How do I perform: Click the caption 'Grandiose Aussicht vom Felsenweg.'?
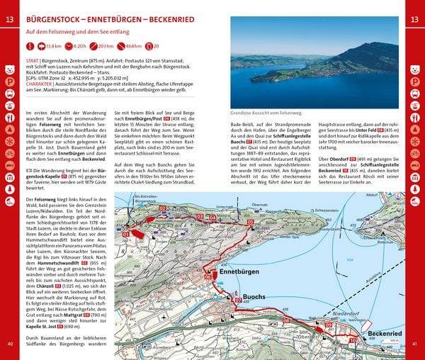[x=266, y=113]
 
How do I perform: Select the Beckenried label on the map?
[x=386, y=333]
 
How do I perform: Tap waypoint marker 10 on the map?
[x=352, y=340]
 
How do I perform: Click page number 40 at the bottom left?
[x=10, y=344]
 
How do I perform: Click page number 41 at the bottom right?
[x=415, y=344]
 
